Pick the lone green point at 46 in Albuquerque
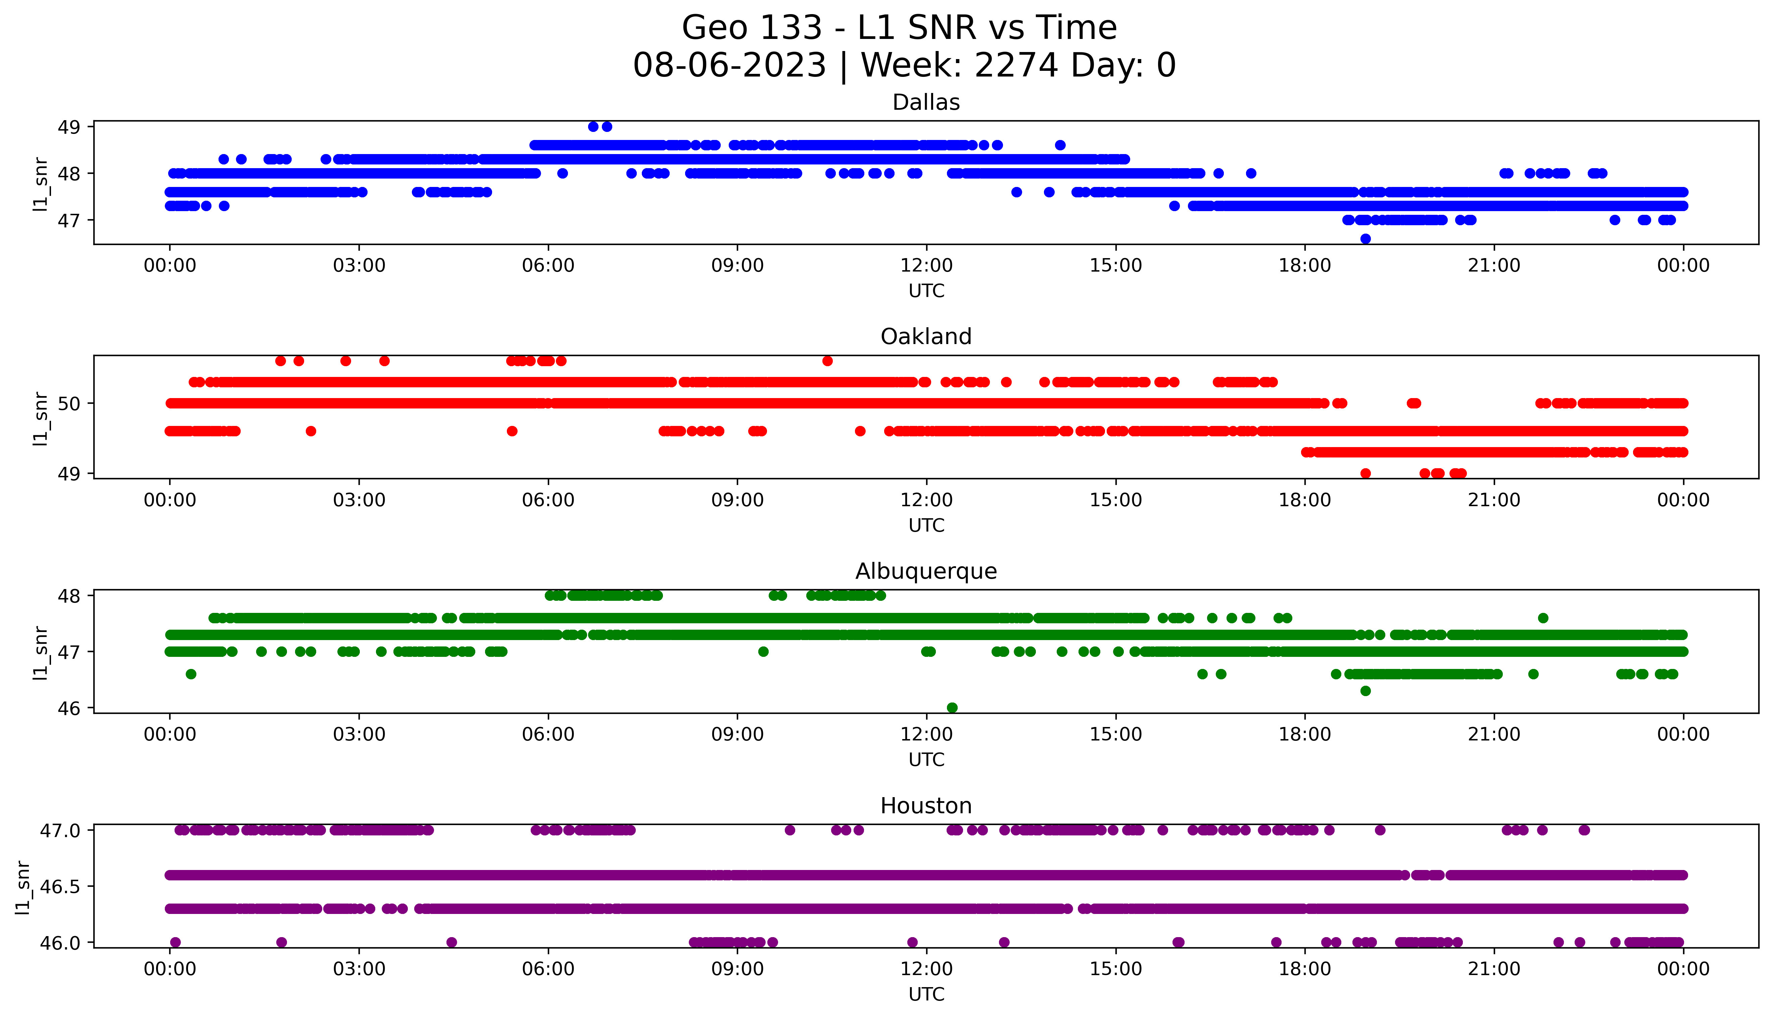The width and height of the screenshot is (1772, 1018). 952,708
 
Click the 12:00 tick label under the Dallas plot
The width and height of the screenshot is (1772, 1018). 926,266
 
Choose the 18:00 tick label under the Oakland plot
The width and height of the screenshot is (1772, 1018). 1305,501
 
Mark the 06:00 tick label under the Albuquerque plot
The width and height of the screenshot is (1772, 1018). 548,735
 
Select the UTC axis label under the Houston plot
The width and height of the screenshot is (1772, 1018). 926,994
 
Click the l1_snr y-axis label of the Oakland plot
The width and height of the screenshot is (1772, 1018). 41,418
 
